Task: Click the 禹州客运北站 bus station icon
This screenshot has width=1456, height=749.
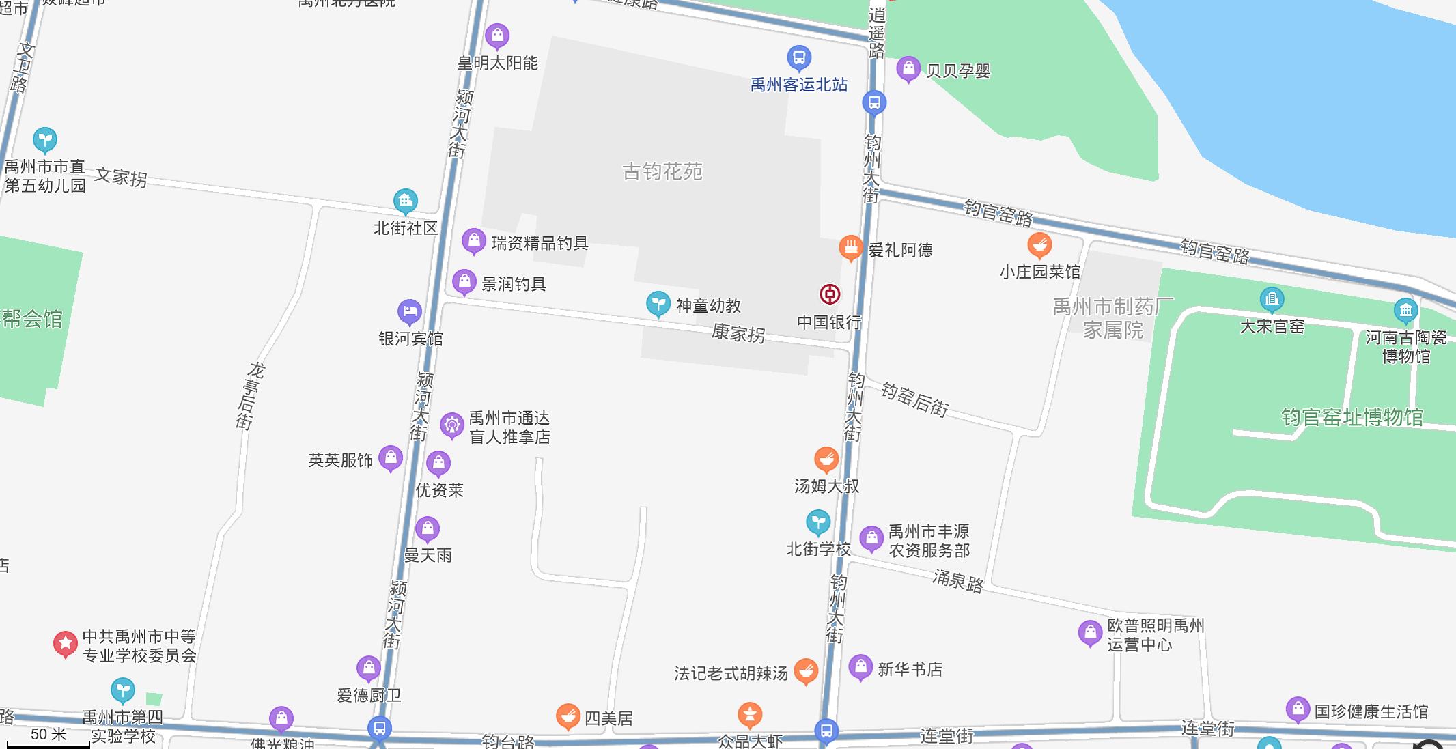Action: (799, 57)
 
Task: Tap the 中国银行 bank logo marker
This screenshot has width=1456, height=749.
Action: (830, 294)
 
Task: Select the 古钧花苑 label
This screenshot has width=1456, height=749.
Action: (662, 171)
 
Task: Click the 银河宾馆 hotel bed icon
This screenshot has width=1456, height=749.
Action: (409, 312)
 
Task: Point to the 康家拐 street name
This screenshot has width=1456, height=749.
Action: (738, 333)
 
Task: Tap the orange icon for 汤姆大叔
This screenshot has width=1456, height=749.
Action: (826, 460)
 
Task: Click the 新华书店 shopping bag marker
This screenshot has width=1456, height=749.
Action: (860, 666)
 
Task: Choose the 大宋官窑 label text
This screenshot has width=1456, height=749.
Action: (1272, 327)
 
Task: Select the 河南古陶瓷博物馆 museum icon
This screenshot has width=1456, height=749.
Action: (1405, 311)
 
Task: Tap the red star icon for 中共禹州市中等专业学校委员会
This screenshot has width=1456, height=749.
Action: (66, 643)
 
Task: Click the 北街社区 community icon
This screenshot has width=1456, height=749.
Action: (406, 201)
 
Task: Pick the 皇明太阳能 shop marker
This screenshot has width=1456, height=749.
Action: (497, 36)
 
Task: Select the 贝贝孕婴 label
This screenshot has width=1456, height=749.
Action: (957, 71)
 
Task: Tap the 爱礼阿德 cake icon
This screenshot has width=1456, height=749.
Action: (851, 248)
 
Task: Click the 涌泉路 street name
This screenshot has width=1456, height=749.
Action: (957, 581)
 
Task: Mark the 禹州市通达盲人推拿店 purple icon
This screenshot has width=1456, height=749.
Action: (451, 425)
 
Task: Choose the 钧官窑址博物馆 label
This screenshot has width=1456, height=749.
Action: (1352, 417)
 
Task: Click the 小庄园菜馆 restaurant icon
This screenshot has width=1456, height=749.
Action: (1039, 244)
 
